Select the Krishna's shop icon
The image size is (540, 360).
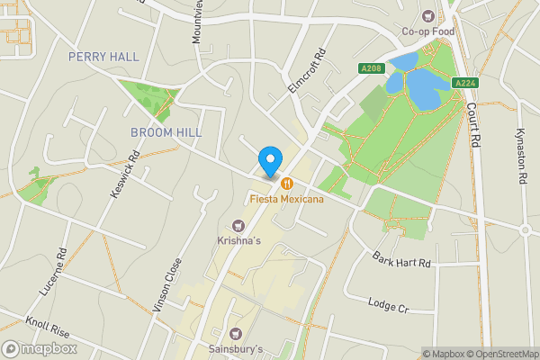238,226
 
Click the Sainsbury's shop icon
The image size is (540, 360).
238,334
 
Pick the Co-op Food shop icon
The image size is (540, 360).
428,15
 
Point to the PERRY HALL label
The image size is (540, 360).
104,57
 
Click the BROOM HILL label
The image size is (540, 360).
166,132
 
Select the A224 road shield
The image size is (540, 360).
464,83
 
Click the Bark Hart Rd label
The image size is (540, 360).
402,260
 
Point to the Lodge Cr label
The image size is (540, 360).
388,305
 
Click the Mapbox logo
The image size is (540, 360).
40,348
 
